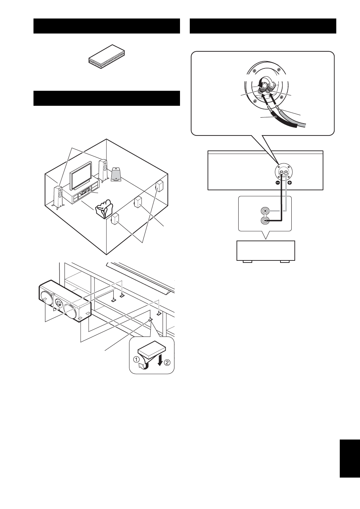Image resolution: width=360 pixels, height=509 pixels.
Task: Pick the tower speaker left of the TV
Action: (x=58, y=197)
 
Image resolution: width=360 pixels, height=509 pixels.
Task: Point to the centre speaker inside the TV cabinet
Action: (x=84, y=192)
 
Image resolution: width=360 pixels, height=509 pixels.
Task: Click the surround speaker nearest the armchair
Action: (x=115, y=219)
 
